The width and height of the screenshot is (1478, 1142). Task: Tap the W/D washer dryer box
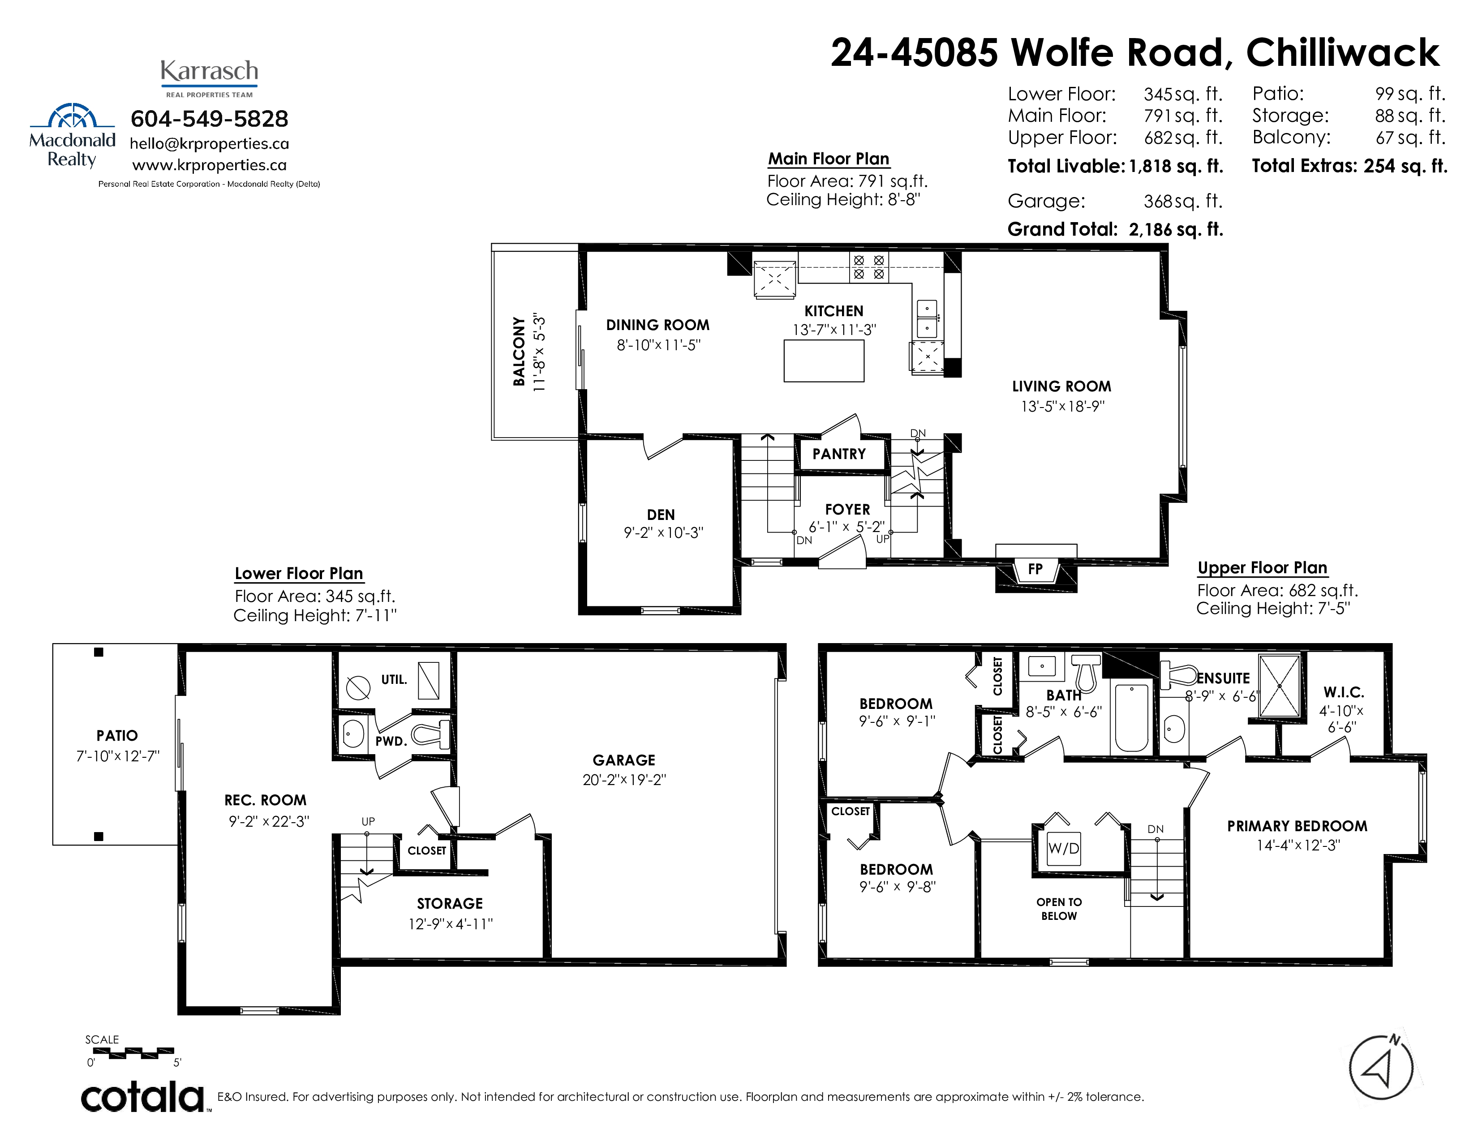[x=1063, y=848]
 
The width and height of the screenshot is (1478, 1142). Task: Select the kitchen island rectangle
[x=824, y=361]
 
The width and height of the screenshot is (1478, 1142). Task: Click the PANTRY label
[x=839, y=454]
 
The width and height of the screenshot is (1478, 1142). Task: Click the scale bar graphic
[x=133, y=1052]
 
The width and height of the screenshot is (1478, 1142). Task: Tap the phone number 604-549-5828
[x=210, y=119]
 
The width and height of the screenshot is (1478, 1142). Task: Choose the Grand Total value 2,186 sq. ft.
[x=1176, y=229]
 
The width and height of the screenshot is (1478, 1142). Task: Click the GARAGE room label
[x=624, y=760]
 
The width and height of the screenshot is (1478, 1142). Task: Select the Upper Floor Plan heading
[x=1262, y=567]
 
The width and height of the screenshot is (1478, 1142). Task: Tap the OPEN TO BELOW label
[x=1059, y=909]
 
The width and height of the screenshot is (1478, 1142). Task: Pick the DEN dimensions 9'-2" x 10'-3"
[x=663, y=532]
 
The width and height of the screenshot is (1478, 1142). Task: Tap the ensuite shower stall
[x=1279, y=685]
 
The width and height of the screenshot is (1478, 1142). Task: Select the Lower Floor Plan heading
[x=299, y=574]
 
